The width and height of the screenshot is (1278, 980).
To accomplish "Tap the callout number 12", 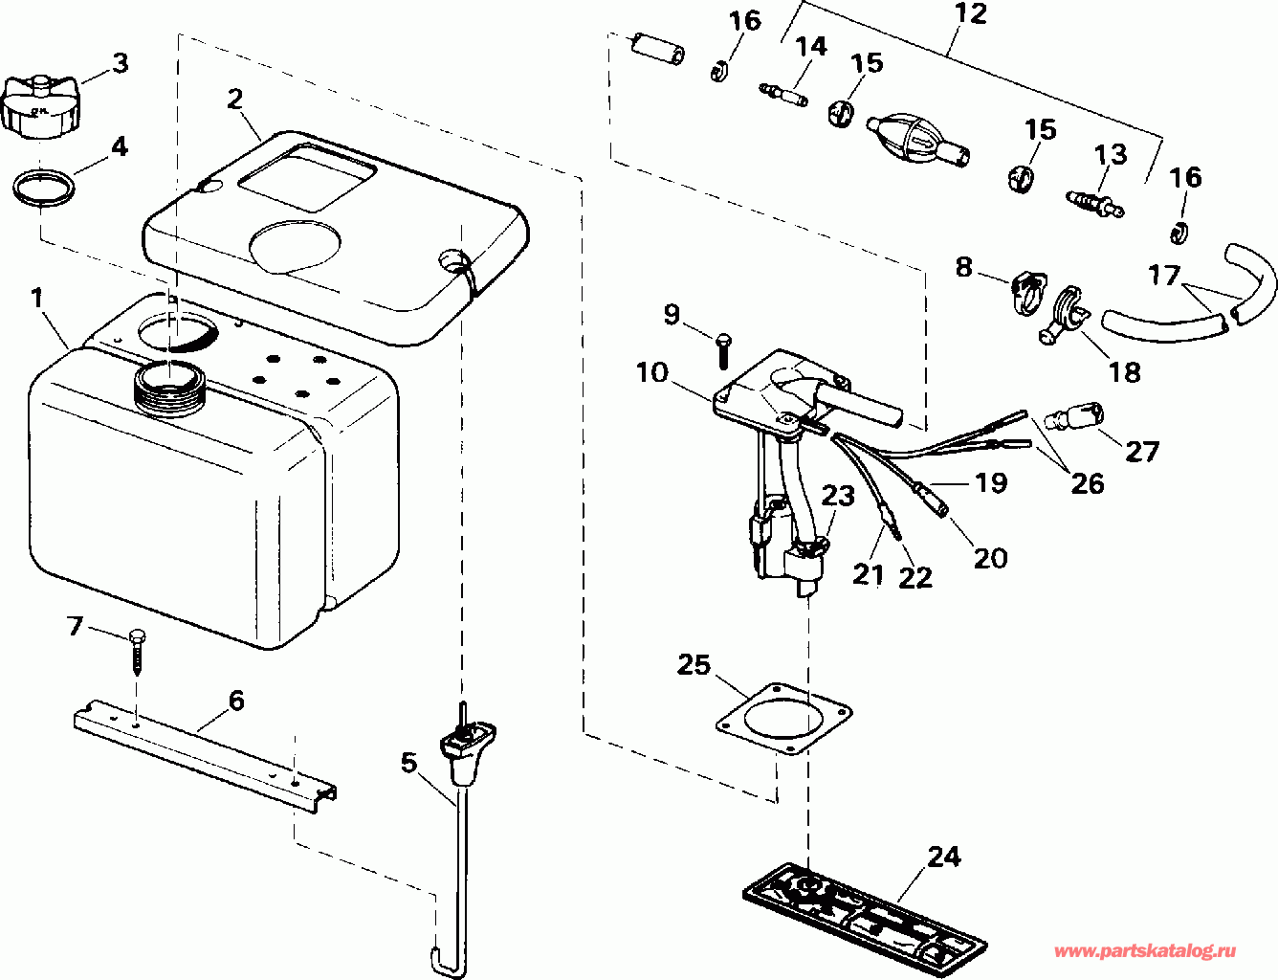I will pyautogui.click(x=970, y=15).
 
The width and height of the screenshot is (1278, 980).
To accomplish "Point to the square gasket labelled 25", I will pyautogui.click(x=783, y=719).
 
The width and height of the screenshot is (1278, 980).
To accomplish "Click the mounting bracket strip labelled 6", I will pyautogui.click(x=206, y=752).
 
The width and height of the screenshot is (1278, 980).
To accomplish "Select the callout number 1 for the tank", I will pyautogui.click(x=37, y=299).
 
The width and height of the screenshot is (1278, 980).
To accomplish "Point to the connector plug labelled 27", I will pyautogui.click(x=1076, y=418).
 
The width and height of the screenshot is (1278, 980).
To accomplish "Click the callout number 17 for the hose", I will pyautogui.click(x=1164, y=277).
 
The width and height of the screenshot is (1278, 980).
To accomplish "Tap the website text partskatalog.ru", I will pyautogui.click(x=1144, y=952).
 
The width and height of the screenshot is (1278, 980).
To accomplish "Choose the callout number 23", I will pyautogui.click(x=838, y=496).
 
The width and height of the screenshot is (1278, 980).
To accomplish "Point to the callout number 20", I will pyautogui.click(x=991, y=557).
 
